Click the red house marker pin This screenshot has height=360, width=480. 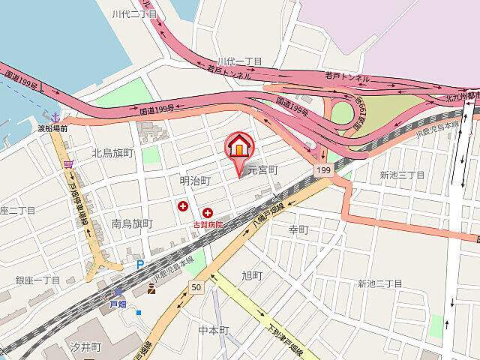pyautogui.click(x=239, y=146)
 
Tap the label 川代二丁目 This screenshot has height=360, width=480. pyautogui.click(x=134, y=14)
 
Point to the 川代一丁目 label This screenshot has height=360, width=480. pyautogui.click(x=239, y=61)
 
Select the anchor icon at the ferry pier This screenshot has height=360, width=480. pyautogui.click(x=55, y=116)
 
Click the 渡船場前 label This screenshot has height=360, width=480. pyautogui.click(x=52, y=129)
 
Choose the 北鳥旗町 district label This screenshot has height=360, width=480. pyautogui.click(x=112, y=153)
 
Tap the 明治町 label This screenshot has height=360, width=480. pyautogui.click(x=195, y=181)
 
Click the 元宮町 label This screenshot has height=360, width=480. pyautogui.click(x=262, y=169)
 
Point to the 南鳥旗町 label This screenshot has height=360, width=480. pyautogui.click(x=132, y=223)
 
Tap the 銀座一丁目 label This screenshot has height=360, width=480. pyautogui.click(x=37, y=280)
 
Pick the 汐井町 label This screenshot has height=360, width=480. pyautogui.click(x=85, y=348)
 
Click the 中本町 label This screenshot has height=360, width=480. pyautogui.click(x=213, y=331)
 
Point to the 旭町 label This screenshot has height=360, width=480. pyautogui.click(x=252, y=275)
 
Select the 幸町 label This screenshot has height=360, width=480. pyautogui.click(x=298, y=229)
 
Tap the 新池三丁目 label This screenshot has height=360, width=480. pyautogui.click(x=402, y=175)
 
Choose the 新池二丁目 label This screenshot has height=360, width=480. pyautogui.click(x=380, y=283)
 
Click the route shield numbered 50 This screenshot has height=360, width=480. pyautogui.click(x=196, y=287)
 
